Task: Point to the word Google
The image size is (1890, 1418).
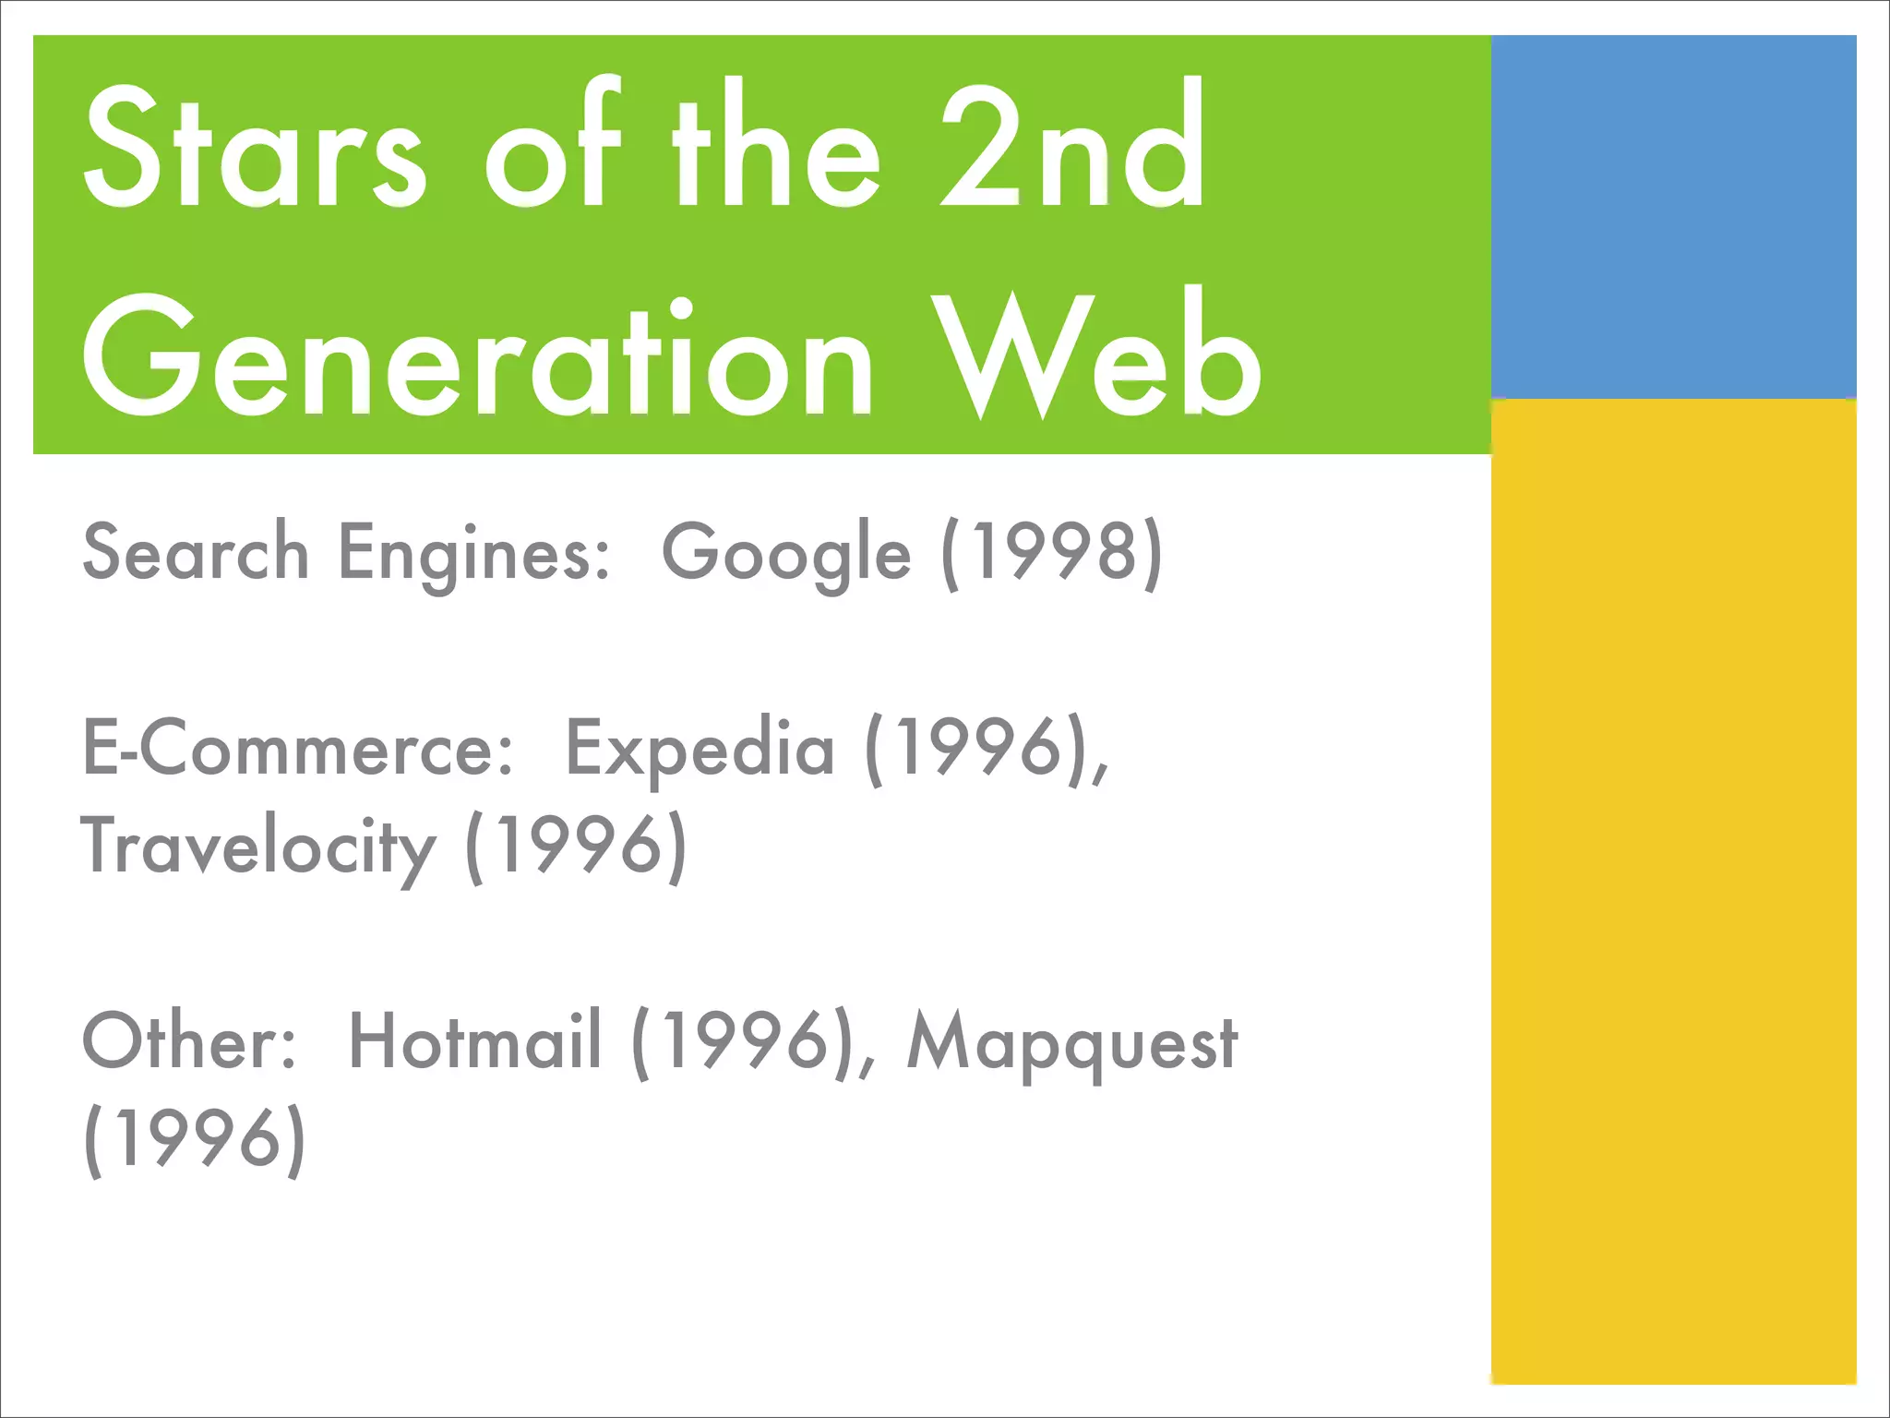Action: (x=786, y=554)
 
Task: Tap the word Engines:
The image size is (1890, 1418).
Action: (x=474, y=554)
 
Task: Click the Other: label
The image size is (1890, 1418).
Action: (x=190, y=1041)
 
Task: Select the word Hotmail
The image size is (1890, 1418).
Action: (x=475, y=1041)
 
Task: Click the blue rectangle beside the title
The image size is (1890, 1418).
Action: (x=1672, y=217)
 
